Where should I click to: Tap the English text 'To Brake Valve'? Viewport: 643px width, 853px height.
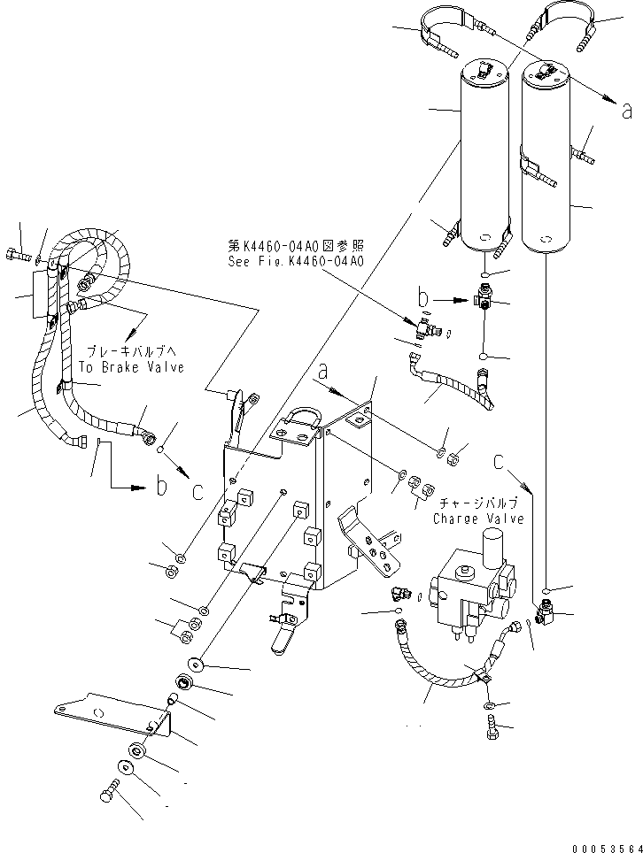pos(131,367)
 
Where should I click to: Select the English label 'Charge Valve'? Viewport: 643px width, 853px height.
pos(478,519)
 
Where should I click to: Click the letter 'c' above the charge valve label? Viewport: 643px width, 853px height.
pos(501,460)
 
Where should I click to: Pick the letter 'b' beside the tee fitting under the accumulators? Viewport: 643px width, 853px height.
pos(424,297)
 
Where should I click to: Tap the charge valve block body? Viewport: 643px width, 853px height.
pos(469,593)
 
